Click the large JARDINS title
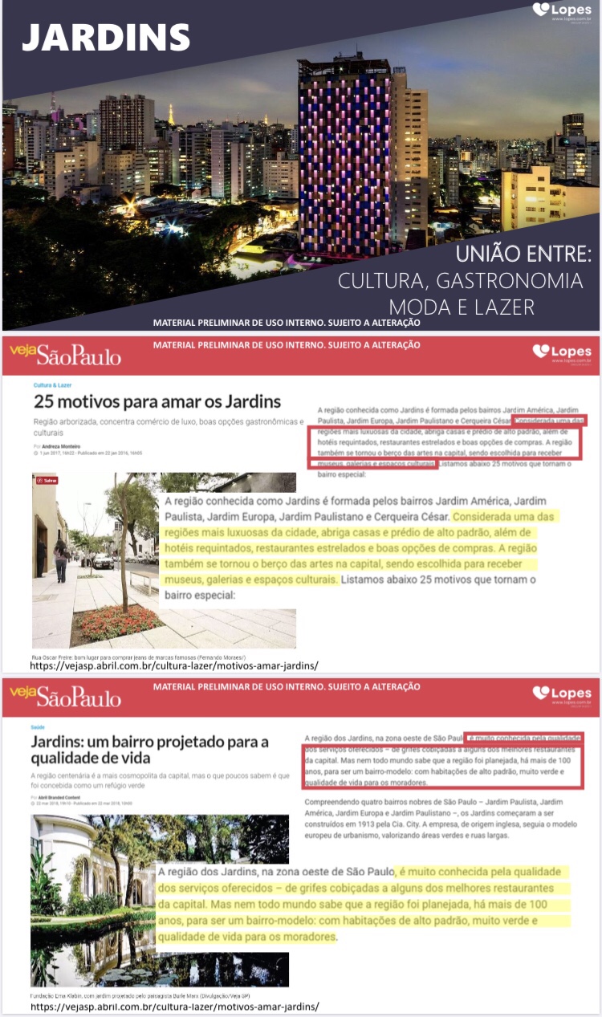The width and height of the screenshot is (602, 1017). (106, 38)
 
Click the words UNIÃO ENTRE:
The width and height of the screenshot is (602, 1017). (523, 256)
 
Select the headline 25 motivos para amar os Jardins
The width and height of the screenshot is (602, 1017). (157, 401)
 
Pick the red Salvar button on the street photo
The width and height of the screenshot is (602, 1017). (47, 480)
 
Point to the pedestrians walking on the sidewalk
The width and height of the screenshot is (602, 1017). (61, 557)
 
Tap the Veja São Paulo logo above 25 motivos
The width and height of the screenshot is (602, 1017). (66, 353)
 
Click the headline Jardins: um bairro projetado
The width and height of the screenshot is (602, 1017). (149, 750)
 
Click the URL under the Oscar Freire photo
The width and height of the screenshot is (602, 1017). (174, 666)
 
